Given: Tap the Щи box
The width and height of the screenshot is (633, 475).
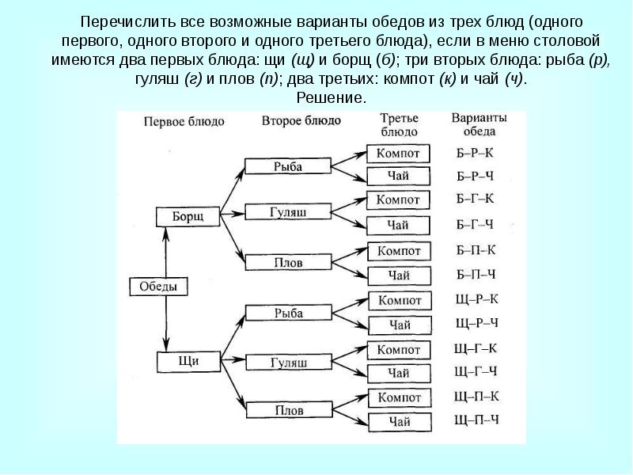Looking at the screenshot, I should pyautogui.click(x=188, y=361).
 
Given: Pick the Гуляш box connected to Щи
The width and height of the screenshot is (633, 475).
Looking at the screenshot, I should pyautogui.click(x=288, y=362).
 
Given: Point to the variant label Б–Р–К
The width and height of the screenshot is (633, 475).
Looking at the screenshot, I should pyautogui.click(x=476, y=152).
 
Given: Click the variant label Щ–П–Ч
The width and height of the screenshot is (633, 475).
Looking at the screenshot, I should pyautogui.click(x=476, y=420).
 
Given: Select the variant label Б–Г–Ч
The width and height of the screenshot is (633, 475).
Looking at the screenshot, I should pyautogui.click(x=476, y=223).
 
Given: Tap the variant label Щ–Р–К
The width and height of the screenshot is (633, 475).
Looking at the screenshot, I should pyautogui.click(x=476, y=299).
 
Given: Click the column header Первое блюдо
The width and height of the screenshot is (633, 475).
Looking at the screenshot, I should pyautogui.click(x=184, y=121).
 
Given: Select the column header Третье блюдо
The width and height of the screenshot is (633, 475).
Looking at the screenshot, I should pyautogui.click(x=399, y=124).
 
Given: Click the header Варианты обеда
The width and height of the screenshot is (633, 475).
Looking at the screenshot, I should pyautogui.click(x=478, y=124).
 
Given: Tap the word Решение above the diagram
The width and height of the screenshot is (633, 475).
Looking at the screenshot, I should pyautogui.click(x=332, y=97).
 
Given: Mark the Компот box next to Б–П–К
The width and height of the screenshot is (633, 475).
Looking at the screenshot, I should pyautogui.click(x=399, y=251).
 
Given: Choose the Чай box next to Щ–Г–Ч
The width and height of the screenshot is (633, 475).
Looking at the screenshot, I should pyautogui.click(x=399, y=372).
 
